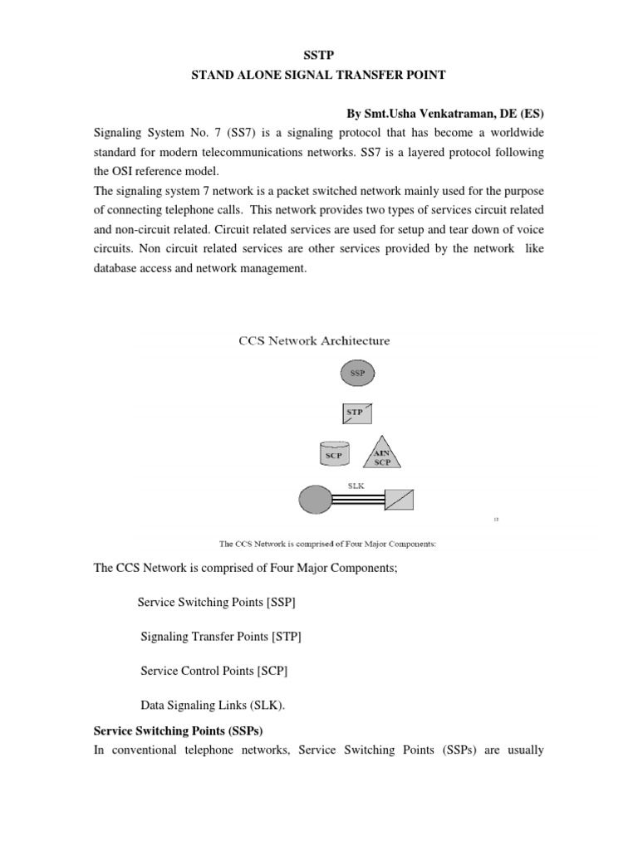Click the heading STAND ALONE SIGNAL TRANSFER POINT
(x=319, y=76)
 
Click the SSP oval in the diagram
(x=356, y=374)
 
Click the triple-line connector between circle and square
(x=358, y=500)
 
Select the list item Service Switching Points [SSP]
(x=216, y=603)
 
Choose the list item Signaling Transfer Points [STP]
(x=221, y=637)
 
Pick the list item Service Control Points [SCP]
(x=214, y=670)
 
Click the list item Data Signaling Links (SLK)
(x=213, y=704)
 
